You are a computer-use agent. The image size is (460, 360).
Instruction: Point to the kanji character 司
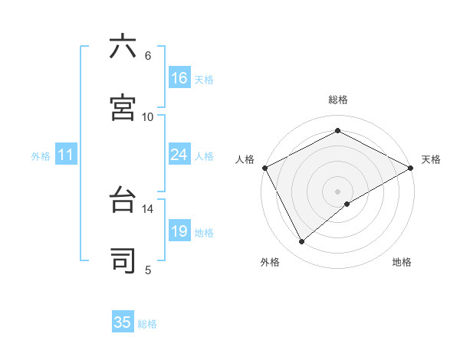tap(123, 261)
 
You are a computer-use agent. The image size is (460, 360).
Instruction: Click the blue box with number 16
tap(179, 78)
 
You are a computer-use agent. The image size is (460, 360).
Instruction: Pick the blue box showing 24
tap(179, 155)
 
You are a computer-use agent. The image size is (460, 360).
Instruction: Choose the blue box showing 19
tap(179, 231)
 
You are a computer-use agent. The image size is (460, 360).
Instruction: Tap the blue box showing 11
tap(65, 155)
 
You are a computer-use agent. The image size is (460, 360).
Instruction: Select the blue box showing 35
tap(123, 322)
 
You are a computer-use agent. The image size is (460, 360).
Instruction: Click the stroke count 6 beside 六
tap(148, 55)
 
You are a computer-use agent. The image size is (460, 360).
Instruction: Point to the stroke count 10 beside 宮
tap(148, 116)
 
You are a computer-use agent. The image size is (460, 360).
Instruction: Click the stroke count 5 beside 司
tap(148, 270)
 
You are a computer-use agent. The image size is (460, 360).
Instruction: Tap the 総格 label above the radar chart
tap(338, 100)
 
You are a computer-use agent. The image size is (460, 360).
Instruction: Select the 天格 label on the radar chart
tap(431, 159)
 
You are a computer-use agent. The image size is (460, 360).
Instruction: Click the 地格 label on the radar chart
tap(402, 262)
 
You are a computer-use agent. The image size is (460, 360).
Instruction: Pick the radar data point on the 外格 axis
tap(302, 242)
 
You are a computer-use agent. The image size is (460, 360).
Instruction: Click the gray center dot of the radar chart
tap(338, 191)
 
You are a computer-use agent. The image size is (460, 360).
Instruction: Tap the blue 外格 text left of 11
tap(41, 155)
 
